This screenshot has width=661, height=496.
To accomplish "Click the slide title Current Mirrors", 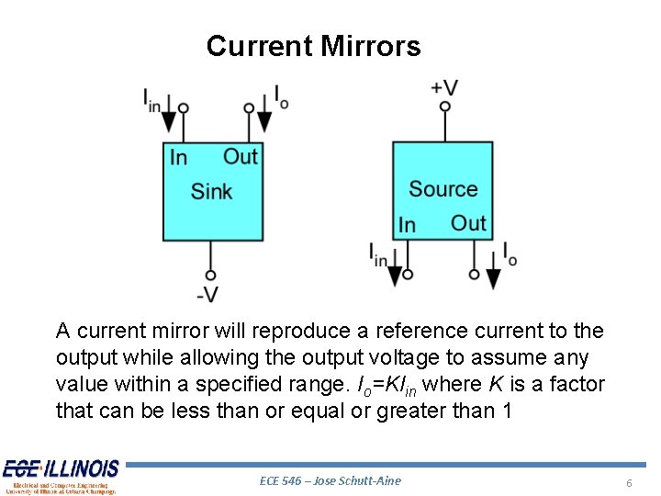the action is (313, 46).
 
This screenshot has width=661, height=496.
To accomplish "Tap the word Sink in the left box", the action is (211, 192).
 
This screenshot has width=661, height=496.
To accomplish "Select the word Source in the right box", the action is (443, 189).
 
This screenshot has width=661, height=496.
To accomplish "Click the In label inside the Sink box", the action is (178, 158).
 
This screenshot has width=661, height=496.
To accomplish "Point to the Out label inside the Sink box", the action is (241, 157).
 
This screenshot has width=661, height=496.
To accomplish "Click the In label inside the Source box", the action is (407, 225).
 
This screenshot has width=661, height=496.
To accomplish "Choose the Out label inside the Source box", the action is (468, 223).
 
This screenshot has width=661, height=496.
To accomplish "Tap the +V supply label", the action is (444, 87).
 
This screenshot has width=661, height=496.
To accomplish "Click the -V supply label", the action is (208, 294).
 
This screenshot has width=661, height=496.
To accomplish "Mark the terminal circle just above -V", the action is (210, 275).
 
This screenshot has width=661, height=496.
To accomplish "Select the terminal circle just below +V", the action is (445, 107).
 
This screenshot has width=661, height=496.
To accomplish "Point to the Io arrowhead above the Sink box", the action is (264, 120).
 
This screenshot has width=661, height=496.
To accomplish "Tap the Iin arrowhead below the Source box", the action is (396, 276).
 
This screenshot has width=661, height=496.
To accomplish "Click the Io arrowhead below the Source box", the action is (493, 276).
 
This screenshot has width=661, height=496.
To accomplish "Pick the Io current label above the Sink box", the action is (281, 96).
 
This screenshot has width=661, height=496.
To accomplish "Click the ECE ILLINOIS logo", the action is (61, 476).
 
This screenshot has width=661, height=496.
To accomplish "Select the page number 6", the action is (629, 482).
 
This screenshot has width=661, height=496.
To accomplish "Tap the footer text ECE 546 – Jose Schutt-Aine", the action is (330, 480).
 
